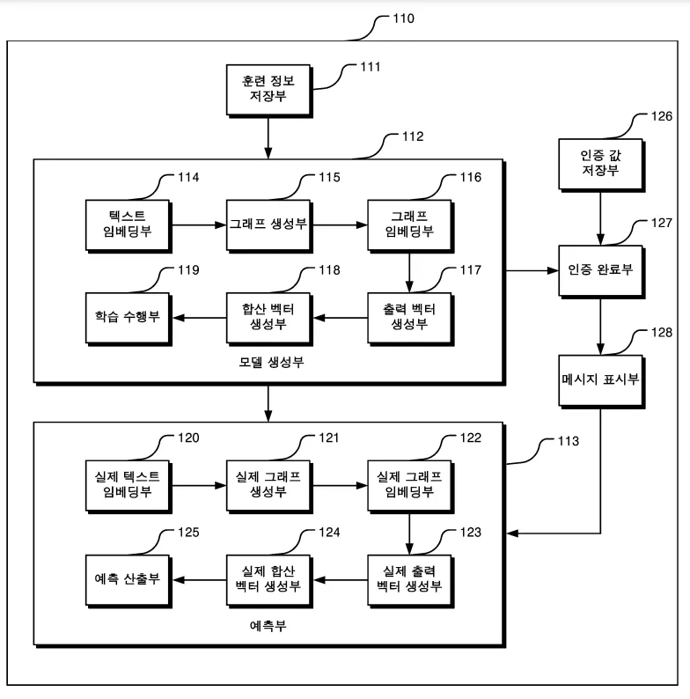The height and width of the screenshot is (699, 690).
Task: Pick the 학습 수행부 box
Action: (127, 315)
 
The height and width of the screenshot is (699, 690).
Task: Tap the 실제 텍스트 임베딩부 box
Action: (127, 483)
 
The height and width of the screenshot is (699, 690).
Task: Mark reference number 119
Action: (187, 269)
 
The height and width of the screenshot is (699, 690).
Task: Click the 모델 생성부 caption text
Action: (268, 363)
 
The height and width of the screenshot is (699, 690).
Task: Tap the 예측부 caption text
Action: (268, 628)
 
